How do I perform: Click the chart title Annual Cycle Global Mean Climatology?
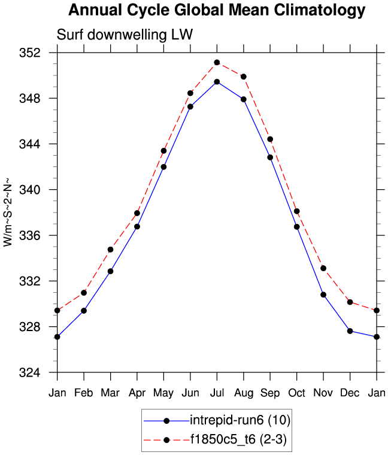coord(216,10)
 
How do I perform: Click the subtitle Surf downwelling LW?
coord(125,35)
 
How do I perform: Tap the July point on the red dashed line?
coord(217,62)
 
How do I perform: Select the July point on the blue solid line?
coord(217,81)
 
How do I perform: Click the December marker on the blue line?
coord(350,331)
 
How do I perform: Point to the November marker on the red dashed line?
coord(323,268)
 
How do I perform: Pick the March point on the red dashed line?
coord(111,249)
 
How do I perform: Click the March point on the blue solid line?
coord(111,271)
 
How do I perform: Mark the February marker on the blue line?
coord(84,311)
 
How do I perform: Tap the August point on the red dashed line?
coord(244,77)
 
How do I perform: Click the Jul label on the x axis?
coord(217,392)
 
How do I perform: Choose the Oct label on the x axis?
coord(296,392)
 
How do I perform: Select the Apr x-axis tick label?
coord(137,392)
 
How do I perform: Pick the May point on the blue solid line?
coord(163,166)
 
